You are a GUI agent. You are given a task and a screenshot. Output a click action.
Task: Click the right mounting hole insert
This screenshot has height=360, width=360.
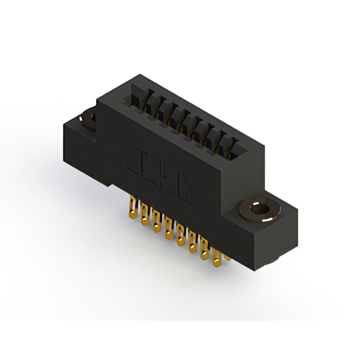coord(259,210)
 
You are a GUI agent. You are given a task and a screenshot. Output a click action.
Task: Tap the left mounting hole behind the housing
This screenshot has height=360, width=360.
coord(88,118)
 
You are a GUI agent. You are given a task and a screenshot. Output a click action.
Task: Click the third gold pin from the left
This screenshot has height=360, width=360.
coord(157,223)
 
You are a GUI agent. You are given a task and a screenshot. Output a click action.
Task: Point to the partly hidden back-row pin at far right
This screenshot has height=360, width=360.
coord(227,256)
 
